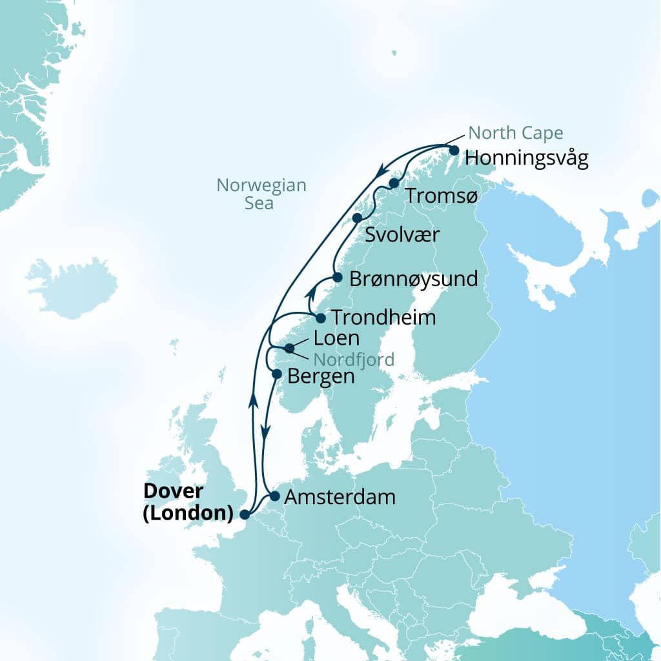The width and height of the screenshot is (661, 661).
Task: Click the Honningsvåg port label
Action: click(526, 159)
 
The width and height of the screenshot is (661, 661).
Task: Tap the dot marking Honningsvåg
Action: click(454, 150)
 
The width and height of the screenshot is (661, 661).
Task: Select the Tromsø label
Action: click(442, 196)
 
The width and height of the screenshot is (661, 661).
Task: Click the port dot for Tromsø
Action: click(394, 183)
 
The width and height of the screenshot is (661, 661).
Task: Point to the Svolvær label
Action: click(402, 234)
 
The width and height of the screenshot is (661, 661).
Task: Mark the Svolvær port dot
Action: click(357, 218)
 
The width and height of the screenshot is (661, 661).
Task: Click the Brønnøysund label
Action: click(413, 280)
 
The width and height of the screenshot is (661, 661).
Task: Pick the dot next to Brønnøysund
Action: click(337, 278)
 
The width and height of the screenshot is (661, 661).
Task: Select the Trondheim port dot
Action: click(320, 318)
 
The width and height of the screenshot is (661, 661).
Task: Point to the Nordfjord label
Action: click(354, 360)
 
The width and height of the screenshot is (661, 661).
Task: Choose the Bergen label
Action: click(321, 376)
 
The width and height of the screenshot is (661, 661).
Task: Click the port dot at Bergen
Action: click(277, 374)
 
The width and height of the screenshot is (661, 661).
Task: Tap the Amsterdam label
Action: click(340, 498)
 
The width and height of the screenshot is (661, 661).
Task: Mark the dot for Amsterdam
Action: click(274, 496)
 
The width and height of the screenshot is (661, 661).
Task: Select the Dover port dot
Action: click(244, 514)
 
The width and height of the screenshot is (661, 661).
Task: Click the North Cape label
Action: click(516, 134)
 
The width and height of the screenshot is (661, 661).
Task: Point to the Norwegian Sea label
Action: click(261, 194)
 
